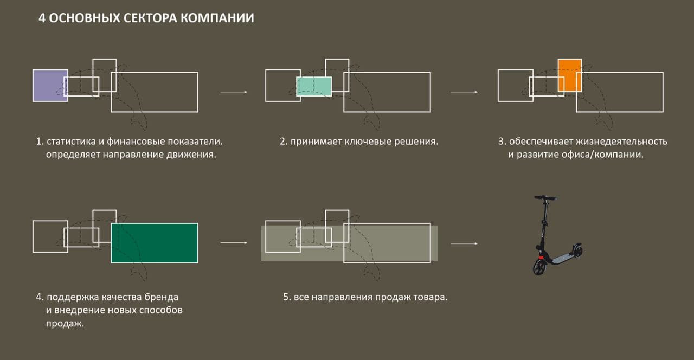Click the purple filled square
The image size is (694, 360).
(50, 86)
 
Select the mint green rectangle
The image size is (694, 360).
(314, 86)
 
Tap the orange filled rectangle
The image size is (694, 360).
(570, 75)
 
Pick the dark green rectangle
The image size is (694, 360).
(155, 243)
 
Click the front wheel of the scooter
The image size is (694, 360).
(540, 267)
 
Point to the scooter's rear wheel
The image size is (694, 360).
(577, 250)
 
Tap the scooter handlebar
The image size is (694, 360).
(545, 198)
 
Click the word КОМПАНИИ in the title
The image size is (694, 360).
(217, 18)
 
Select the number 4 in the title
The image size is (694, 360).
(42, 18)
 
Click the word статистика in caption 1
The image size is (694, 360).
(71, 142)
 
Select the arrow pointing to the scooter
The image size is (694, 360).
(464, 243)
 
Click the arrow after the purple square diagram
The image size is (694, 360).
(234, 92)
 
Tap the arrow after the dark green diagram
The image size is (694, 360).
(234, 243)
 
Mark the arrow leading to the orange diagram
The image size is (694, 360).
(464, 92)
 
